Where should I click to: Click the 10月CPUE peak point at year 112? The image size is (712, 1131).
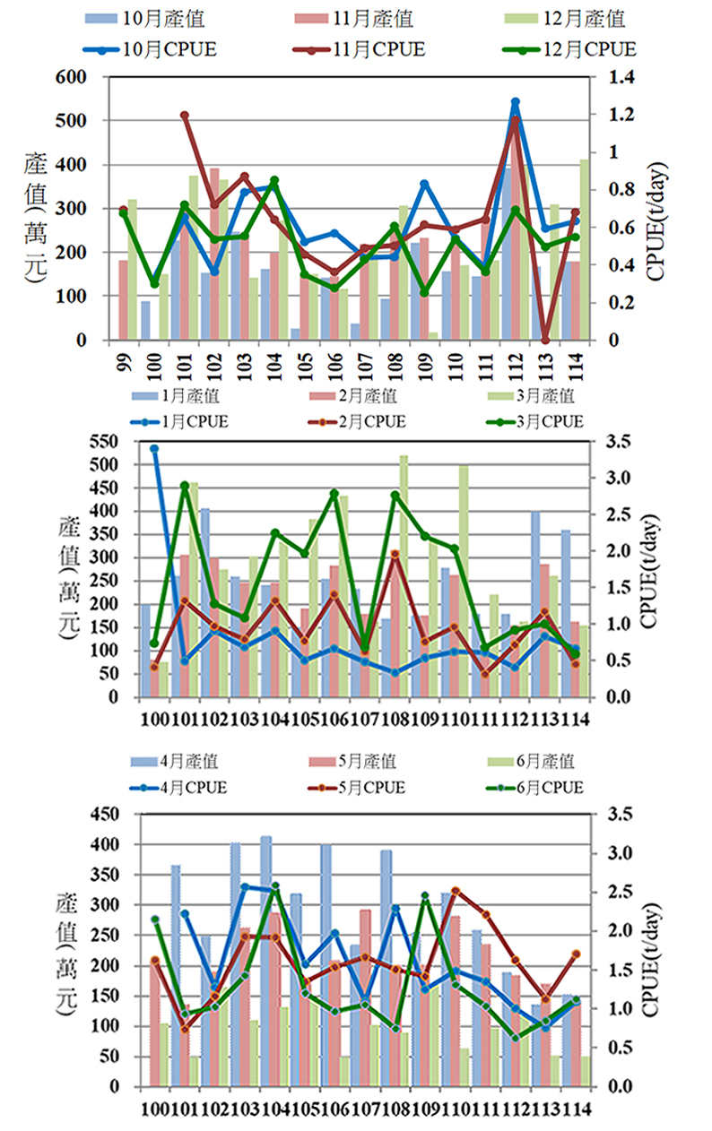tap(515, 102)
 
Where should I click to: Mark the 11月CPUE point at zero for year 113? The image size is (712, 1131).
tap(545, 340)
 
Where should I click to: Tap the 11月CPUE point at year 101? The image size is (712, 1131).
tap(185, 115)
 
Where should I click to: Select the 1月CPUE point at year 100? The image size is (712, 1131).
tap(153, 448)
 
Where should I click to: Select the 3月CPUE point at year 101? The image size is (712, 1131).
tap(185, 486)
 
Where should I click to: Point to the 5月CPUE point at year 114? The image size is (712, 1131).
tap(577, 954)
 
